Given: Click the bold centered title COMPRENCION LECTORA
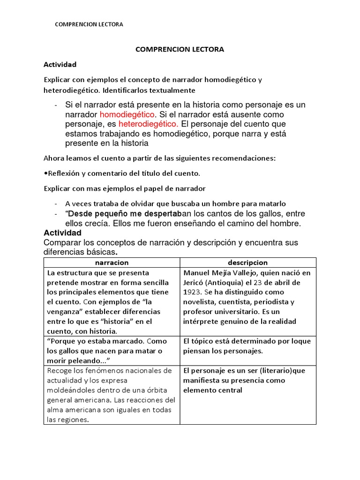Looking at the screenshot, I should click(180, 49).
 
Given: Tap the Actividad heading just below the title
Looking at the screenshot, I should click(60, 64).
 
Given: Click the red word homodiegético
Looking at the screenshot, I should click(127, 114).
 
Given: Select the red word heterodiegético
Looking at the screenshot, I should click(148, 124).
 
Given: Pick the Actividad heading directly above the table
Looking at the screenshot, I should click(62, 233).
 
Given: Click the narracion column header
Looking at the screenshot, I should click(112, 263).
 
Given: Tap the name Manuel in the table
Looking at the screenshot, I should click(197, 273).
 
